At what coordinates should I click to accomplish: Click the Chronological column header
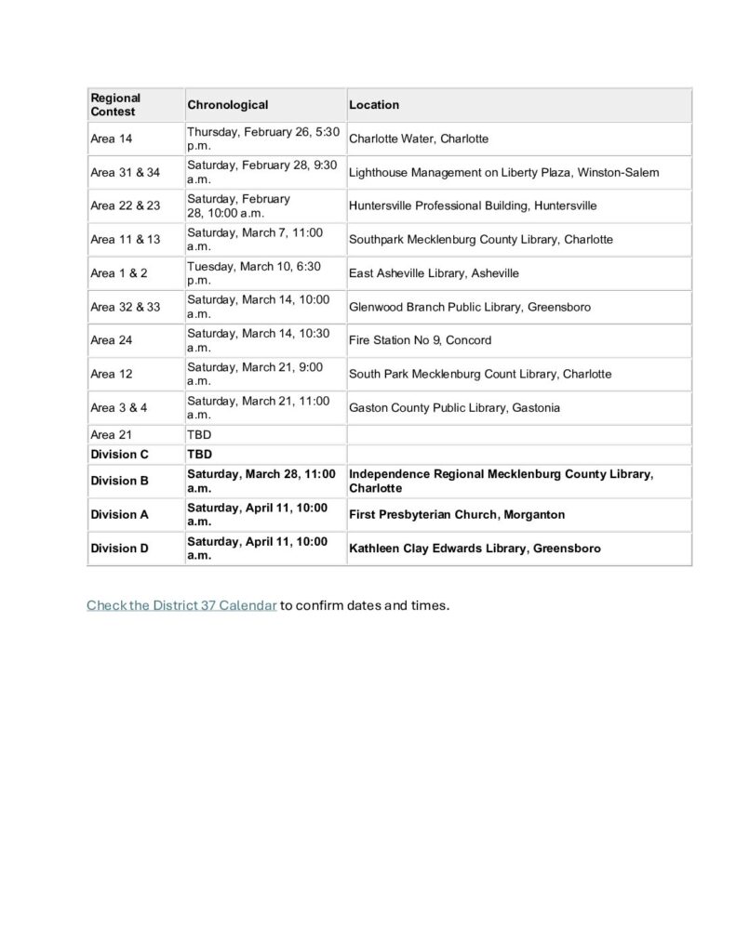point(228,105)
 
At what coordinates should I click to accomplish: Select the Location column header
point(374,105)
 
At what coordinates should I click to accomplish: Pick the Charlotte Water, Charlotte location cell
point(419,139)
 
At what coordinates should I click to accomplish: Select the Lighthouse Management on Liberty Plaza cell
point(503,172)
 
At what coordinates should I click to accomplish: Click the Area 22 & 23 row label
point(125,205)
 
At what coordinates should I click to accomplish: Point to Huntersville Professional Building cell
point(473,205)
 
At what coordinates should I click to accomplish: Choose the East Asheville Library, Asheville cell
point(434,273)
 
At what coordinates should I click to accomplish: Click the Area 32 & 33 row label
point(125,307)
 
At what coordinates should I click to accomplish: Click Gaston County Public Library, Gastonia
point(454,407)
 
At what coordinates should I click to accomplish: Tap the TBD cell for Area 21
point(199,434)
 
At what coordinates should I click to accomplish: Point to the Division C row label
point(119,455)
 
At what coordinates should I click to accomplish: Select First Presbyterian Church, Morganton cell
point(457,514)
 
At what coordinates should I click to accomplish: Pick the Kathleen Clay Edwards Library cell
point(475,549)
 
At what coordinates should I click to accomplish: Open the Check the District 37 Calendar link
point(181,606)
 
